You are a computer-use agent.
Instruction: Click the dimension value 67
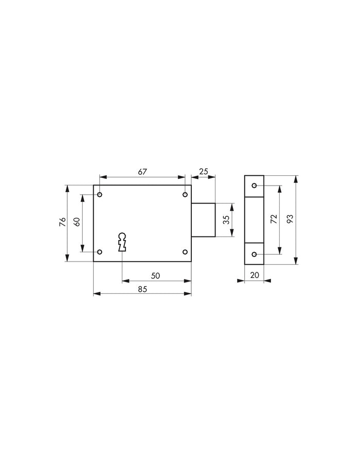[141, 172]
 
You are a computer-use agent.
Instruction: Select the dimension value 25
[203, 172]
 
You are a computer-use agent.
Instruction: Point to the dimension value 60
[77, 222]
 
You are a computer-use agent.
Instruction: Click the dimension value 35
[225, 220]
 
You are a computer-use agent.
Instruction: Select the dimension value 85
[142, 289]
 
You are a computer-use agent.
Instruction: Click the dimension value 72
[274, 219]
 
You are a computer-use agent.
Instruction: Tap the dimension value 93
[290, 219]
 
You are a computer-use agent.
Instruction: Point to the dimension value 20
[254, 275]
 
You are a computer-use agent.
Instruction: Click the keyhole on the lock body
[122, 242]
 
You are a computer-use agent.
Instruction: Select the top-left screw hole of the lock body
[100, 195]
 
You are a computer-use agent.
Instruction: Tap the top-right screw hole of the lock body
[185, 195]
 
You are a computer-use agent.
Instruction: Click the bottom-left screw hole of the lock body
[100, 252]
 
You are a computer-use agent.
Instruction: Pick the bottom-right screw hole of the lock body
[185, 252]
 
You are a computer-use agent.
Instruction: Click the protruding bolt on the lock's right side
[203, 220]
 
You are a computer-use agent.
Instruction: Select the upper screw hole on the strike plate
[254, 185]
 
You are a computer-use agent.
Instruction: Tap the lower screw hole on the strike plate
[254, 254]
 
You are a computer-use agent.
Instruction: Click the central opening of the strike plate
[254, 220]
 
